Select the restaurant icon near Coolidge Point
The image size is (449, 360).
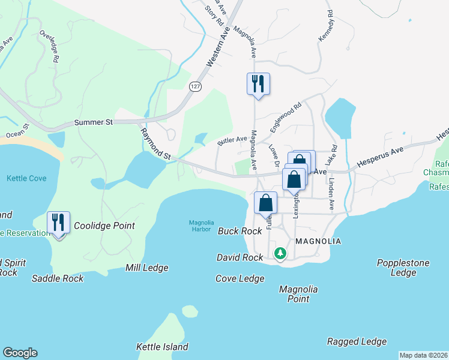58,223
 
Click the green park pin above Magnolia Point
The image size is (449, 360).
280,254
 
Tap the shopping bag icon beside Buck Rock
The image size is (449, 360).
265,203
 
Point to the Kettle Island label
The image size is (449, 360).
162,347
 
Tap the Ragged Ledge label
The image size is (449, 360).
357,341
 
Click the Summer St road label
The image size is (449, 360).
94,122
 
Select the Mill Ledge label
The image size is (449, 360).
147,268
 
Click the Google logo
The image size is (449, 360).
20,353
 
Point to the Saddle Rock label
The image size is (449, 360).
58,278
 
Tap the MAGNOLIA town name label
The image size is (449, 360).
319,241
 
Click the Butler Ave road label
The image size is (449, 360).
232,140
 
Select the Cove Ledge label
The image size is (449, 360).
240,278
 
